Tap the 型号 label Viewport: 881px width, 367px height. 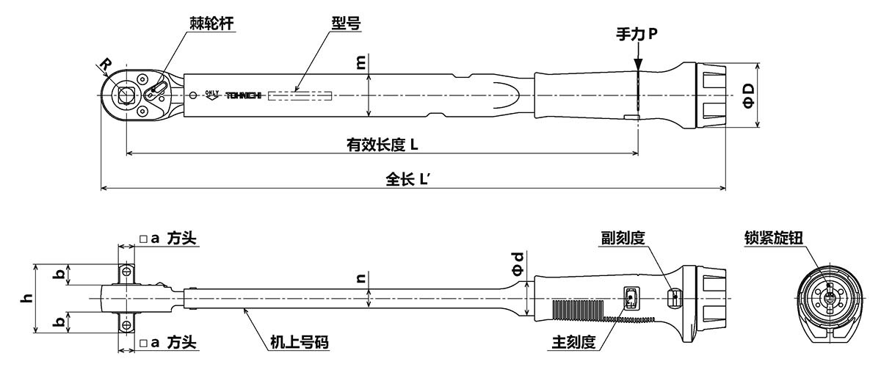(x=344, y=24)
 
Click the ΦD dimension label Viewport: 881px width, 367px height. (x=748, y=94)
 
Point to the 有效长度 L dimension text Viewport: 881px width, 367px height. (x=382, y=144)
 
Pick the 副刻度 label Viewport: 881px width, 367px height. (x=621, y=239)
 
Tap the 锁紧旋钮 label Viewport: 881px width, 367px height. (x=773, y=239)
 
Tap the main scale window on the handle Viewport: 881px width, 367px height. (x=631, y=297)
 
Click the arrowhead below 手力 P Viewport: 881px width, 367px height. (x=638, y=62)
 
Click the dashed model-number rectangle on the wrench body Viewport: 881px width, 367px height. (x=300, y=95)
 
